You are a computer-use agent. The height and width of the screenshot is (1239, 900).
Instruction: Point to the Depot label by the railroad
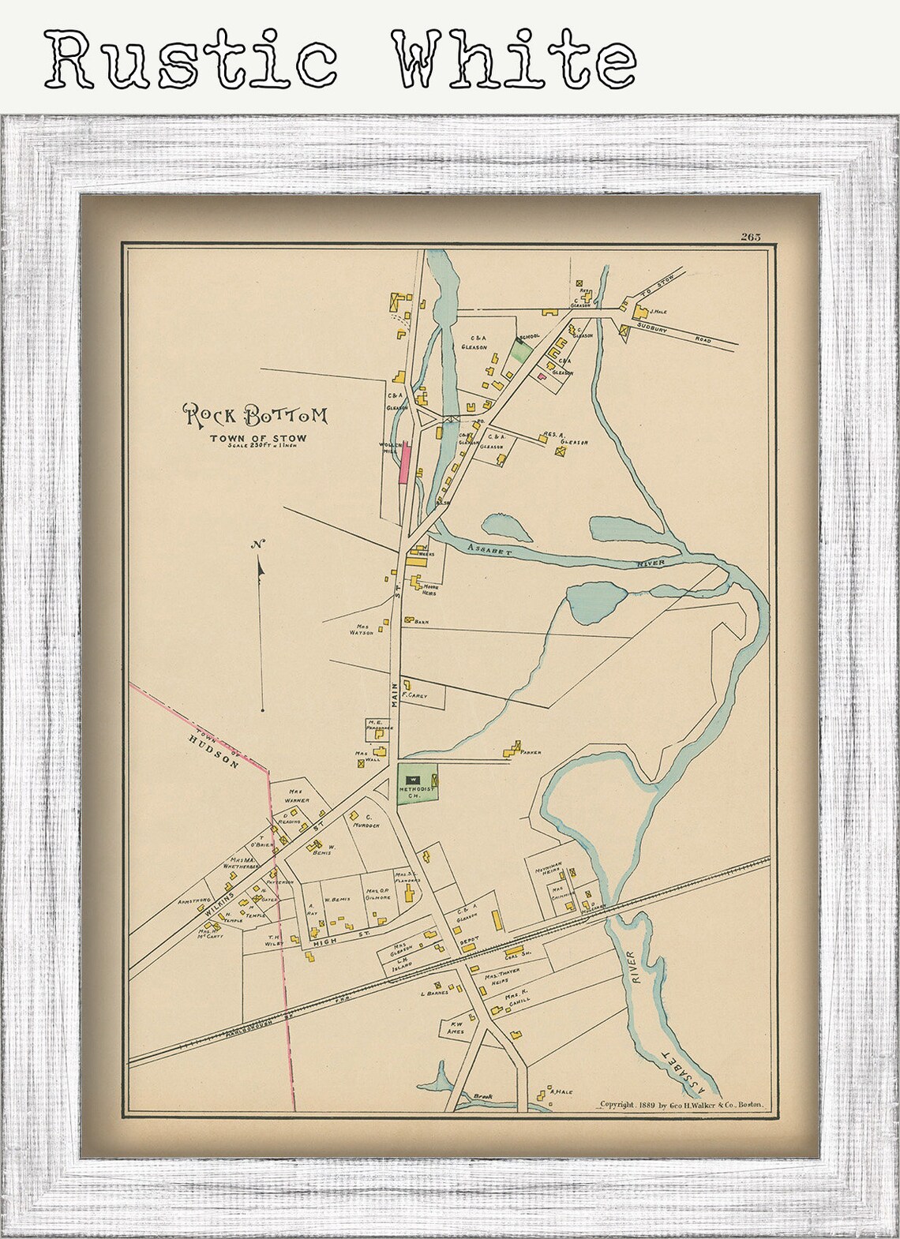point(469,940)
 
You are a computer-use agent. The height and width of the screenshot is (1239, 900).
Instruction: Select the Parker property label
point(531,752)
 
